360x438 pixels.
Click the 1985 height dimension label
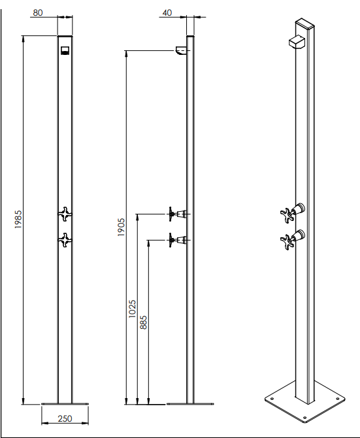click(x=18, y=220)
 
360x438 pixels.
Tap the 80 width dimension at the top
click(x=38, y=13)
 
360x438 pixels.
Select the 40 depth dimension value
click(x=167, y=13)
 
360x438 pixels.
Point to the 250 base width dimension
click(x=65, y=418)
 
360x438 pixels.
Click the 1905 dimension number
click(x=121, y=227)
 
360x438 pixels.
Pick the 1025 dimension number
click(x=132, y=309)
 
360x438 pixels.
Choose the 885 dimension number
click(x=143, y=322)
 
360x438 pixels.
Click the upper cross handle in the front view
click(x=65, y=214)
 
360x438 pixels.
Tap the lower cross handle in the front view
click(x=65, y=240)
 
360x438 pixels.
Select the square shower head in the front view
click(x=65, y=50)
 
